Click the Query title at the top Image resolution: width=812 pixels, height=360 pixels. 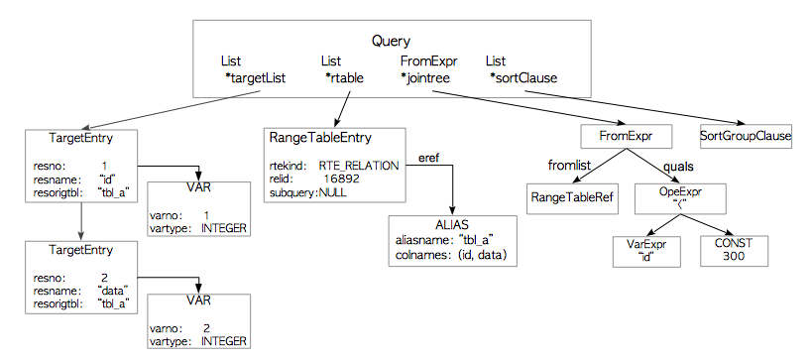point(391,41)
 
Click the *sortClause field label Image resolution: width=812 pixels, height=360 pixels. point(522,77)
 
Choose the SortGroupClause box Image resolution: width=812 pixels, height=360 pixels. point(747,135)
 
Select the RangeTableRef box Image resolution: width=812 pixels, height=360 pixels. point(571,198)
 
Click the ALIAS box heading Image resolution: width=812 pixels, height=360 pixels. point(452,225)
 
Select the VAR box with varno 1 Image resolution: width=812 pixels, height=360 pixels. point(197,205)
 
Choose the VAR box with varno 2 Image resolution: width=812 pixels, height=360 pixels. point(197,318)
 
